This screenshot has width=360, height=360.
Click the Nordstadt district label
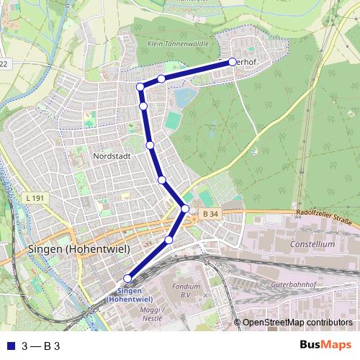coord(111,156)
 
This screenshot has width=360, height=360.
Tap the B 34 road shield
coord(210,214)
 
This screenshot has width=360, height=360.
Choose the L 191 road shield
coord(33,198)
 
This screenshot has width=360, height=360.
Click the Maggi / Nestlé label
coord(150,315)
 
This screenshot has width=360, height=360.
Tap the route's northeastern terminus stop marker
coord(233,62)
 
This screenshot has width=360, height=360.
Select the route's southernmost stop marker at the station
coord(128,279)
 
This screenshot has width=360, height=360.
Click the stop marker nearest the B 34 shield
coord(185,209)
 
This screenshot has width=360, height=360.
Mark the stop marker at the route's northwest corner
coord(140,87)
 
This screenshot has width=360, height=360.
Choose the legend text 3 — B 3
coord(40,346)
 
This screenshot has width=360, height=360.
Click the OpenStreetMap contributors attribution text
coord(297,323)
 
